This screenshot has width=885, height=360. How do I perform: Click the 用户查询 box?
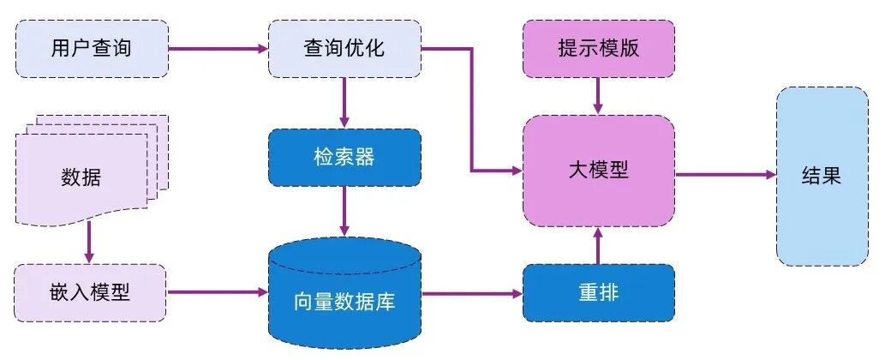[92, 48]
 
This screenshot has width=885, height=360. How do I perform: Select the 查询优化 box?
[344, 48]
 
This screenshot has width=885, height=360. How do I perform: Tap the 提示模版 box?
[598, 48]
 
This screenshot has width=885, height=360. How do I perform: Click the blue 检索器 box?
[344, 157]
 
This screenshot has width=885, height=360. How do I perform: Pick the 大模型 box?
[598, 171]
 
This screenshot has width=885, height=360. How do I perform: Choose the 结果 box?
[821, 176]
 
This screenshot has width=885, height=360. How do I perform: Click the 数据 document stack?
[86, 176]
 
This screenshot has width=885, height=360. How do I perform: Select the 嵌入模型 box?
[91, 292]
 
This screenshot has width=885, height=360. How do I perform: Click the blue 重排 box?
[598, 292]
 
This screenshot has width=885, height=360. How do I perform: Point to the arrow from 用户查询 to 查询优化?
[218, 48]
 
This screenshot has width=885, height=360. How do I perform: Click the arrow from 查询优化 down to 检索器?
[344, 102]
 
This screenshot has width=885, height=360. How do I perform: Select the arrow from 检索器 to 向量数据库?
[344, 210]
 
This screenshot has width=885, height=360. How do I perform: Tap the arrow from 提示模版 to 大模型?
[598, 93]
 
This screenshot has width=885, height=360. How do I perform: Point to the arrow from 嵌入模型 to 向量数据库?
[218, 292]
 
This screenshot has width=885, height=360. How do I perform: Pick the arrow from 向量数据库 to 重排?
[472, 292]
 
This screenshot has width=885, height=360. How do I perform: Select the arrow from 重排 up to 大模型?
[598, 246]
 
